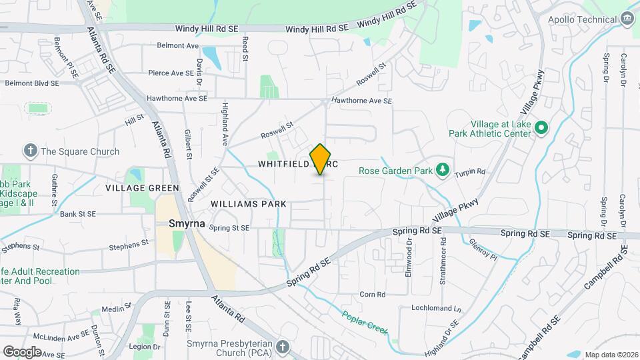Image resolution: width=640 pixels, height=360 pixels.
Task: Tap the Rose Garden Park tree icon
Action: (441, 171)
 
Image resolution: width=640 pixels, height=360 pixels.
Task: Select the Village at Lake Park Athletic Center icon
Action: (541, 127)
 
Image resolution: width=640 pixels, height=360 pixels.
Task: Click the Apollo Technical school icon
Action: (627, 19)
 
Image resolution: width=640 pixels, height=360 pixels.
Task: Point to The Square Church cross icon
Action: (30, 151)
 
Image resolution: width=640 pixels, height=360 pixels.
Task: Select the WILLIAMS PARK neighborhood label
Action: (248, 203)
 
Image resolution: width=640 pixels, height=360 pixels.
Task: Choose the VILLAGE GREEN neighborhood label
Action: (142, 188)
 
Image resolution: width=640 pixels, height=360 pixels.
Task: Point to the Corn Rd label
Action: (372, 294)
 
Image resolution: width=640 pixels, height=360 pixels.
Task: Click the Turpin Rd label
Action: (470, 171)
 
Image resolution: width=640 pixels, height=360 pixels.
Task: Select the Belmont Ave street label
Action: (178, 46)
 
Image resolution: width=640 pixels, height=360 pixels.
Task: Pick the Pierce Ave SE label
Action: (170, 73)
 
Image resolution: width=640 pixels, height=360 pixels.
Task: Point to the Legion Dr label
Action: (145, 347)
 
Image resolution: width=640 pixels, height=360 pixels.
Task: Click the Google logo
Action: (22, 351)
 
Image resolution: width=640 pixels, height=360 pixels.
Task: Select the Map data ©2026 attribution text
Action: (610, 355)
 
